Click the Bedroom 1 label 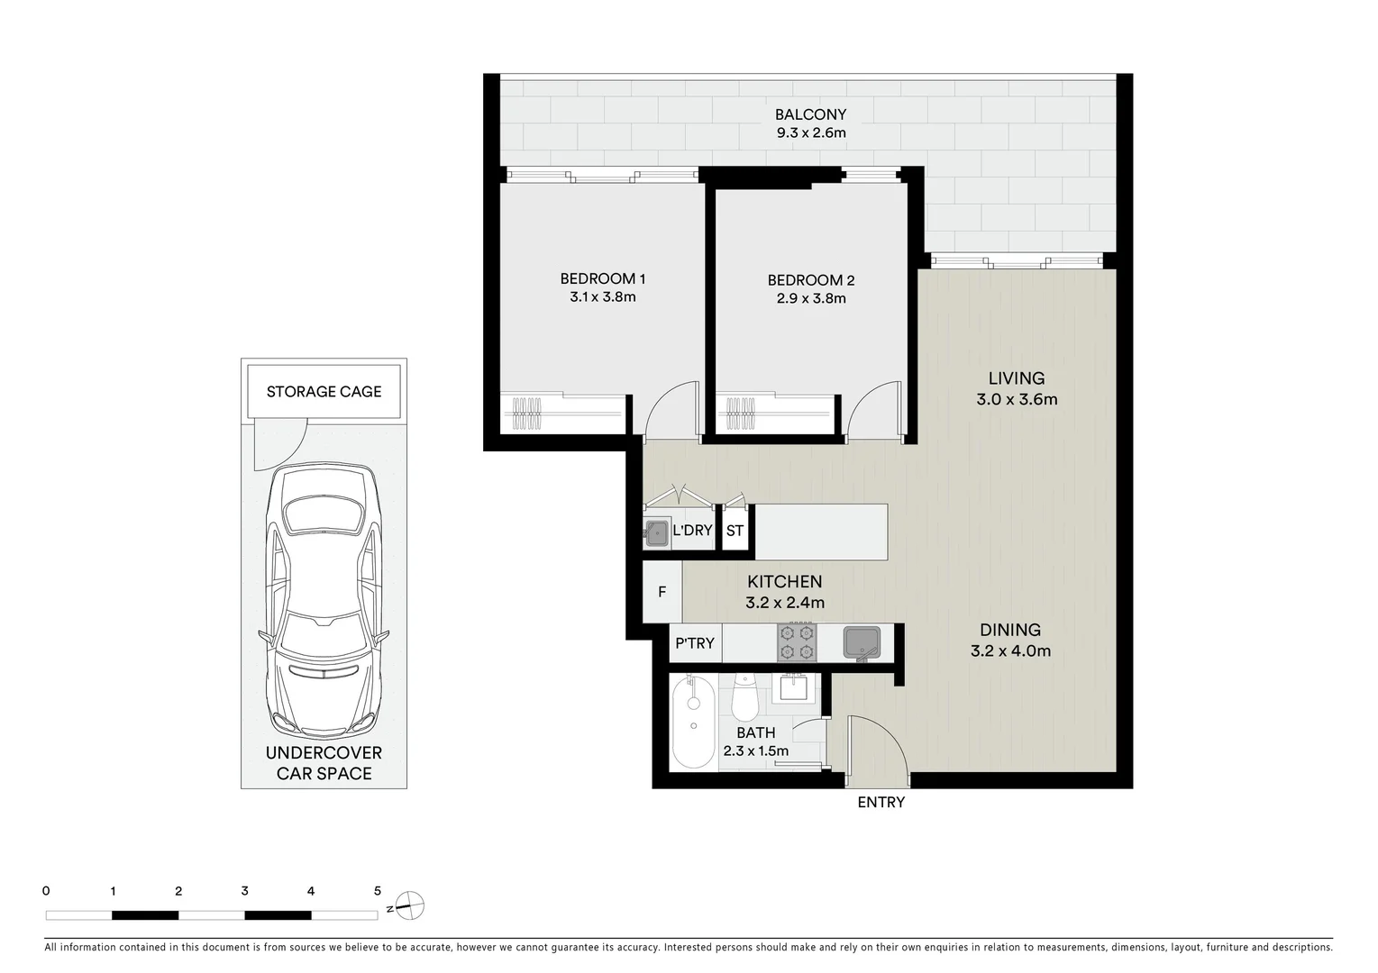point(602,278)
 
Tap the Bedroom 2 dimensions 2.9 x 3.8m point(810,298)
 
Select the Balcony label point(810,114)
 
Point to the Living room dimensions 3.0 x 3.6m point(1016,399)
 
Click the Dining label point(1009,630)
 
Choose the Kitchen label point(784,582)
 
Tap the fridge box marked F point(662,592)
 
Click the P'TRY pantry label point(694,643)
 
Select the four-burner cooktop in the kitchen point(797,643)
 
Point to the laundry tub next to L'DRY point(656,531)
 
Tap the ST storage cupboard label point(735,531)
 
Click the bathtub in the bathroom point(693,723)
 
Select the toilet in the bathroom point(745,698)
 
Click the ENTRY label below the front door point(881,802)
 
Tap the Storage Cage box point(324,392)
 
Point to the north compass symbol point(409,905)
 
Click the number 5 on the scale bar point(378,891)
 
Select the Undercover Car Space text point(324,763)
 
